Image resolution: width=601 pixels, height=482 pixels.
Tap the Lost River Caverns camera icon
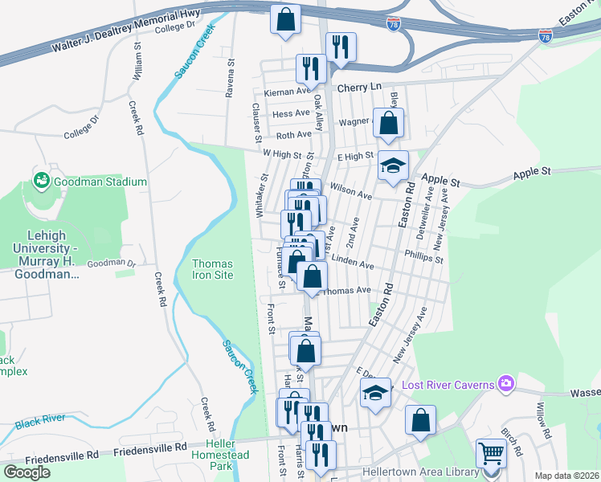click(505, 384)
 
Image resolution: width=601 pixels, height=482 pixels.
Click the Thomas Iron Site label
click(213, 269)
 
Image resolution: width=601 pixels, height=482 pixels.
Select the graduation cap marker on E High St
click(393, 166)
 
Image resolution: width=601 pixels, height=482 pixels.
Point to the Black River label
click(40, 419)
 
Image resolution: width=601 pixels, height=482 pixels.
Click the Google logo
click(27, 472)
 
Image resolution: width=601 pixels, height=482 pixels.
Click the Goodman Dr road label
click(111, 263)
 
